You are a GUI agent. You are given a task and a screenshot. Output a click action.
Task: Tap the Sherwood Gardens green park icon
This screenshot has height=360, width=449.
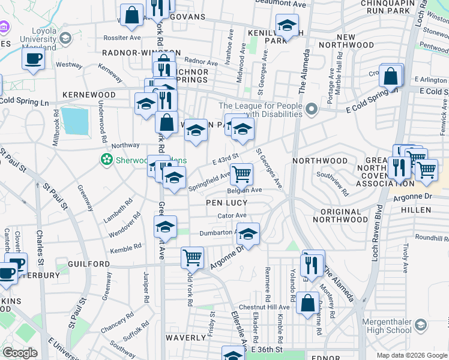[107, 160]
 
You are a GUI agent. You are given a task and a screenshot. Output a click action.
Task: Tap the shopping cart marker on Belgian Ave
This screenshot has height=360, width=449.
[241, 174]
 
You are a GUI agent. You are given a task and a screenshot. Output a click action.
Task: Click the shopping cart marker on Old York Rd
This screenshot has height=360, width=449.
[192, 257]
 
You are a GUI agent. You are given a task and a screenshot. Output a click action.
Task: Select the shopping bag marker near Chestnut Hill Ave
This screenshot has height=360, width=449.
[307, 302]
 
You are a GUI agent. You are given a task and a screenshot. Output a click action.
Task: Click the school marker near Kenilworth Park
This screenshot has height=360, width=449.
[287, 26]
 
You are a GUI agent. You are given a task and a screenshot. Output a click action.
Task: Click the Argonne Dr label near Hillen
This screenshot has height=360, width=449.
[412, 196]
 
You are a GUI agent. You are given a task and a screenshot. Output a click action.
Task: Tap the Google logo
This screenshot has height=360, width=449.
[20, 353]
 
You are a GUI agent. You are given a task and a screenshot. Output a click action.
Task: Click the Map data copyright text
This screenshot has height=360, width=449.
[411, 355]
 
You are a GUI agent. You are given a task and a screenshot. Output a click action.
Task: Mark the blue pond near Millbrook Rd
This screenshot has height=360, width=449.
[74, 121]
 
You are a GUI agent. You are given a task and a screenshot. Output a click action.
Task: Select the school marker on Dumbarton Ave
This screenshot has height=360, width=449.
[247, 233]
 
